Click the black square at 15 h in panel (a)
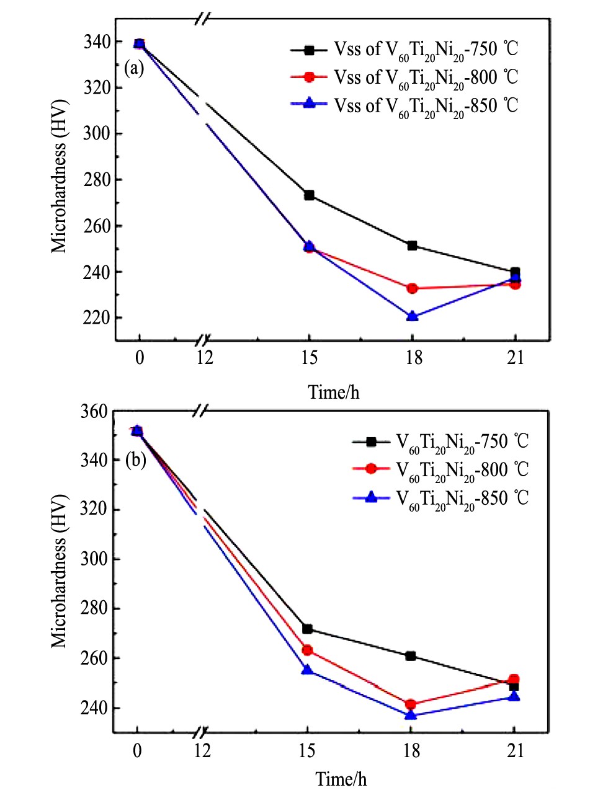coord(309,195)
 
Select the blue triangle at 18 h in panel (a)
coord(412,316)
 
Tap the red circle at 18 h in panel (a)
coord(412,288)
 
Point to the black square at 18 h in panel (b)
coord(410,655)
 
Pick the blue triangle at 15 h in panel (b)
coord(307,670)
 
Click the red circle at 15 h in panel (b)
coord(307,650)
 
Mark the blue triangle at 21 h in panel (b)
coord(514,696)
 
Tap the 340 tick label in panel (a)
coord(97,42)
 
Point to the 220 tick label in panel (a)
coord(97,318)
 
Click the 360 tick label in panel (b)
coord(94,412)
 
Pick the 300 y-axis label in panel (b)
coord(94,559)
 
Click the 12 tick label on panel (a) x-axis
coord(205,358)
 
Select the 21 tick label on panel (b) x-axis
coord(516,751)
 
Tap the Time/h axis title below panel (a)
coord(334,393)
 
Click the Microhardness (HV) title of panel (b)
coord(58,571)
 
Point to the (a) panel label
coord(134,68)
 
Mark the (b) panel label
coord(136,459)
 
